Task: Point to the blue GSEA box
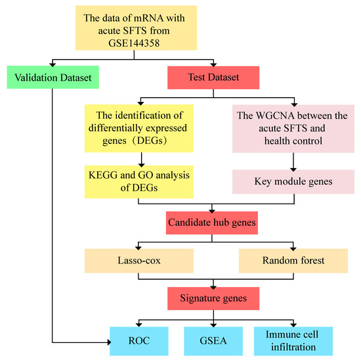(210, 340)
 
